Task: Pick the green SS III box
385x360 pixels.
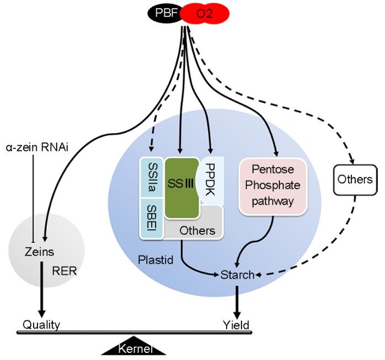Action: pyautogui.click(x=182, y=188)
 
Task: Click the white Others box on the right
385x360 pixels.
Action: pyautogui.click(x=355, y=180)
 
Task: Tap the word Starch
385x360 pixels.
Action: pyautogui.click(x=237, y=274)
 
